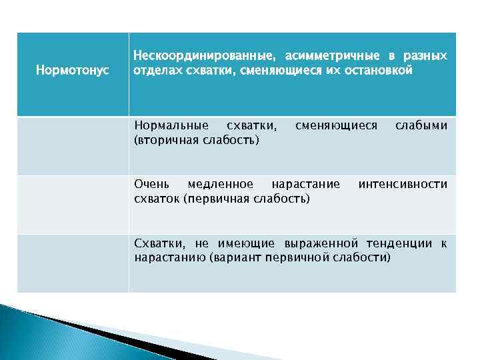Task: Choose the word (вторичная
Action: pyautogui.click(x=163, y=140)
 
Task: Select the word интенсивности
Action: pyautogui.click(x=403, y=184)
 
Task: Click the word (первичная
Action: pyautogui.click(x=217, y=199)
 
